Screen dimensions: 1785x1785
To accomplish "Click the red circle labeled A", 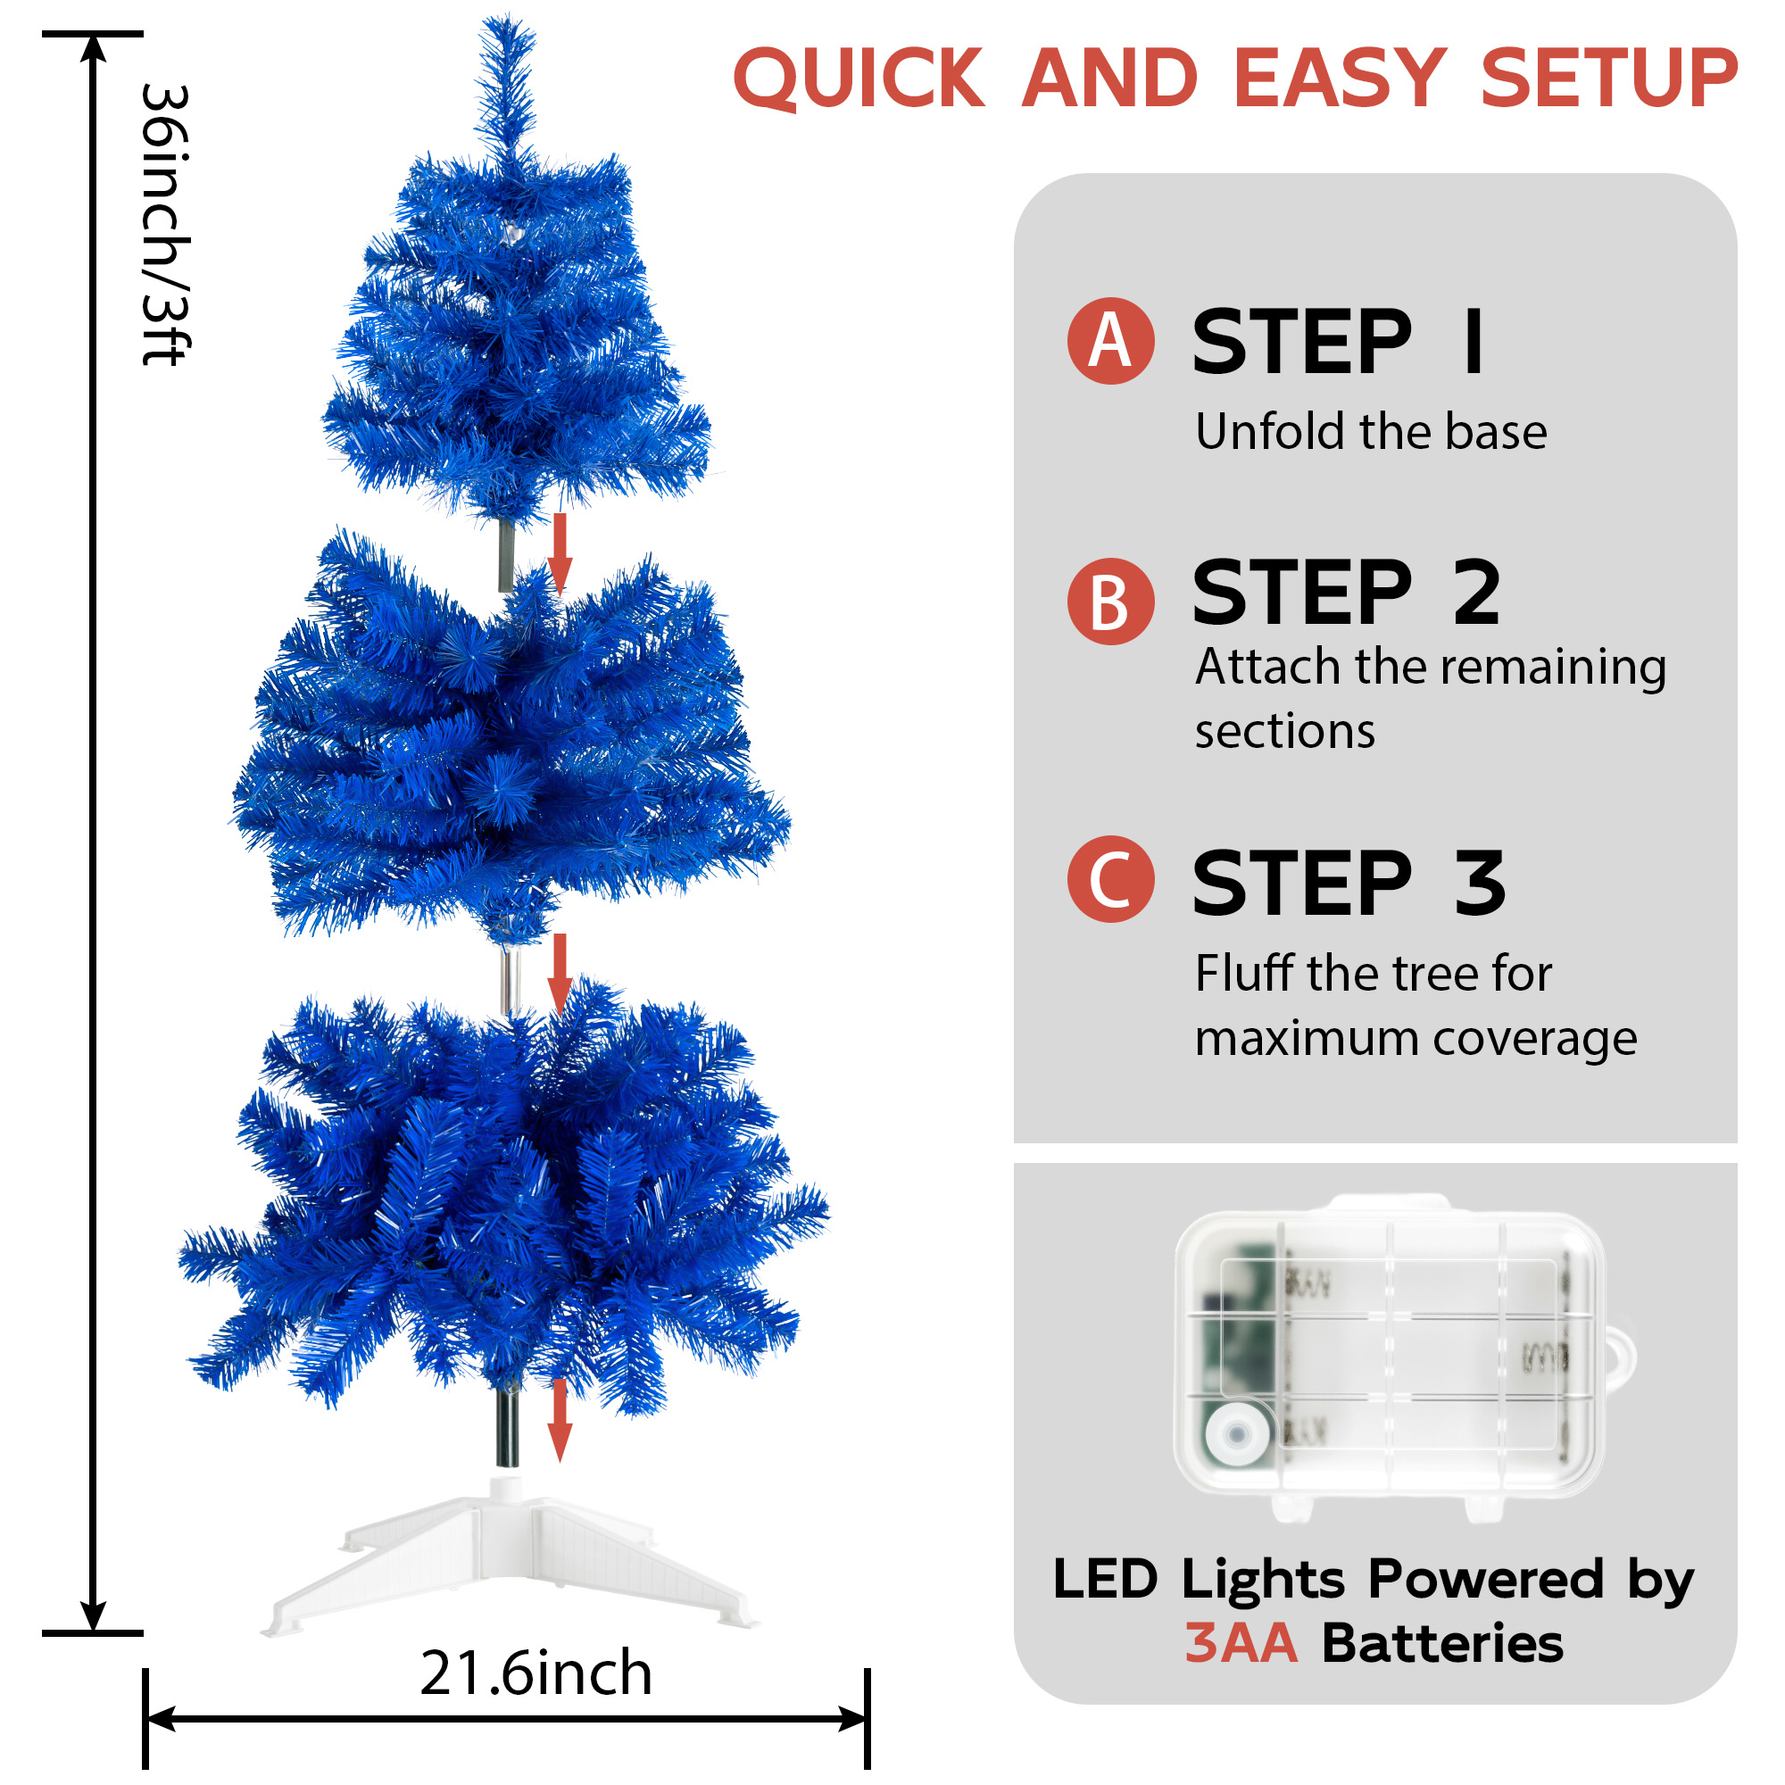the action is (x=1110, y=341).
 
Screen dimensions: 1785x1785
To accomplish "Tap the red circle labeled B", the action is (x=1110, y=602).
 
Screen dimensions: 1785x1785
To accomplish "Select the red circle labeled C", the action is (x=1110, y=878).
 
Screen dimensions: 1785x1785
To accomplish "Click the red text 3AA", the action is (x=1241, y=1644).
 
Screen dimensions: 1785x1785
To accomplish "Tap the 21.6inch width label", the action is (x=535, y=1673).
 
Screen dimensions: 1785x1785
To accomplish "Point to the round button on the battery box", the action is (x=1237, y=1434).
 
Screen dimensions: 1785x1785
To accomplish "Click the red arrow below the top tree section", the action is (x=559, y=554).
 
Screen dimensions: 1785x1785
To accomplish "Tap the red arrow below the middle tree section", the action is (x=559, y=975).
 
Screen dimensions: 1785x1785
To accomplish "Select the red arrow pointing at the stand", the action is (x=559, y=1420).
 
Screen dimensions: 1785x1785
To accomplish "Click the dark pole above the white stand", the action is (x=507, y=1426).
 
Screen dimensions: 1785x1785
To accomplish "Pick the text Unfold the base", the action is (x=1371, y=431).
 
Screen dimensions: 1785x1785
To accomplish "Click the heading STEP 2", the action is (x=1346, y=594).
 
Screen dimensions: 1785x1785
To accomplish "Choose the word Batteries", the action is (x=1442, y=1644).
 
